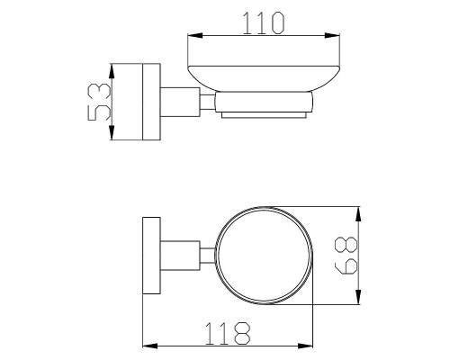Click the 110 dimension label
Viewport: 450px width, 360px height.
263,22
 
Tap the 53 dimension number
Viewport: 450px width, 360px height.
99,102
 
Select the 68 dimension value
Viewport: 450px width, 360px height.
346,256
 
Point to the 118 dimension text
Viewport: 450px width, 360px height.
228,333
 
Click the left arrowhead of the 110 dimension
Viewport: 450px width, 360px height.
195,35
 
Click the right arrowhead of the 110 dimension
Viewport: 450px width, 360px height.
332,35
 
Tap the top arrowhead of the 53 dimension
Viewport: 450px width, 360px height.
112,71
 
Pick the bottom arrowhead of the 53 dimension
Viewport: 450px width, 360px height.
112,132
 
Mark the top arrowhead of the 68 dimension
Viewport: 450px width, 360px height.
358,214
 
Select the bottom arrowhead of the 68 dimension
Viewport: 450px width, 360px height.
358,297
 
